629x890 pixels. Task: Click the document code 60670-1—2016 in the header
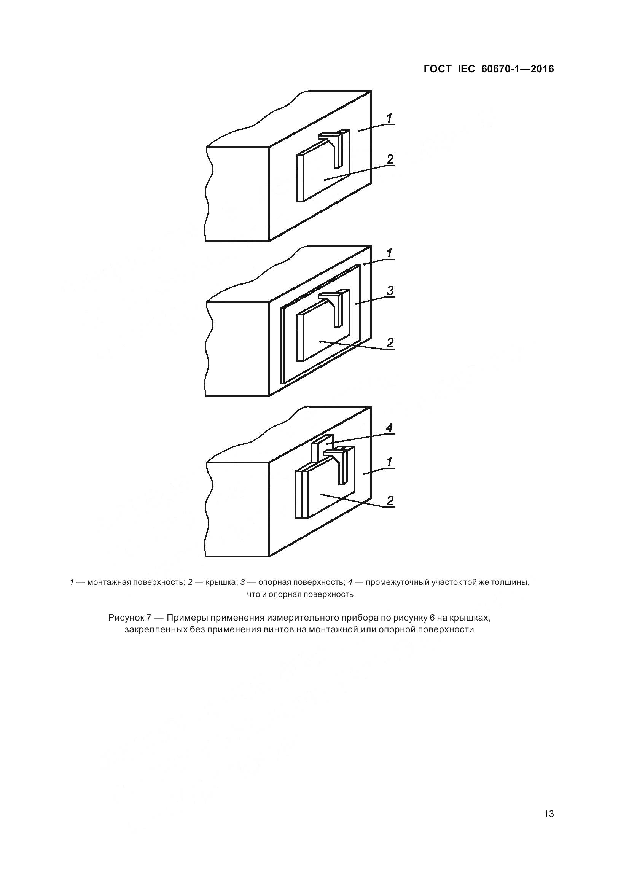coord(518,69)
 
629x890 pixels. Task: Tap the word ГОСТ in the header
coord(438,69)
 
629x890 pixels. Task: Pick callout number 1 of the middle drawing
coord(390,253)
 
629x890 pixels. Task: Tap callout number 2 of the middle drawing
coord(390,343)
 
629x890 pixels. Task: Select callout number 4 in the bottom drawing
coord(390,428)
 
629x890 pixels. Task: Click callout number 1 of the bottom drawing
coord(390,462)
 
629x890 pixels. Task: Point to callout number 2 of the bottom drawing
coord(390,500)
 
